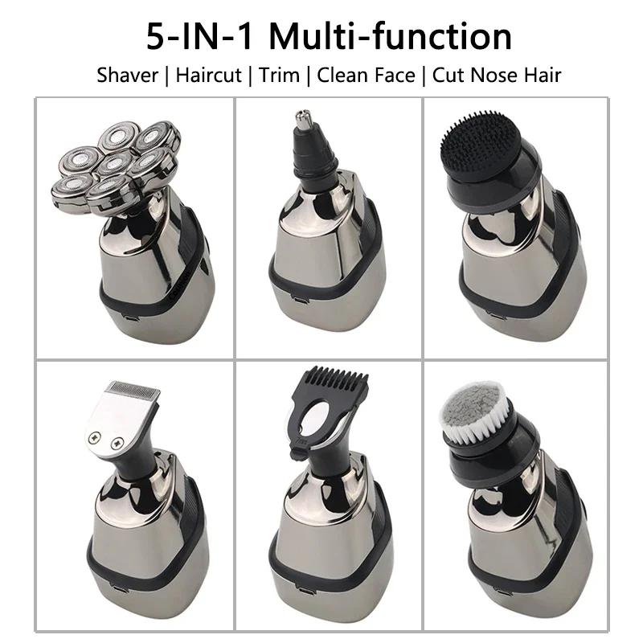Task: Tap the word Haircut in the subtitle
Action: (209, 76)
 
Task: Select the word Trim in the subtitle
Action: (280, 76)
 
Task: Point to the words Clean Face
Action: (366, 76)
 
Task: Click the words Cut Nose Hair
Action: (497, 76)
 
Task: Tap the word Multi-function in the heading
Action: (391, 37)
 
